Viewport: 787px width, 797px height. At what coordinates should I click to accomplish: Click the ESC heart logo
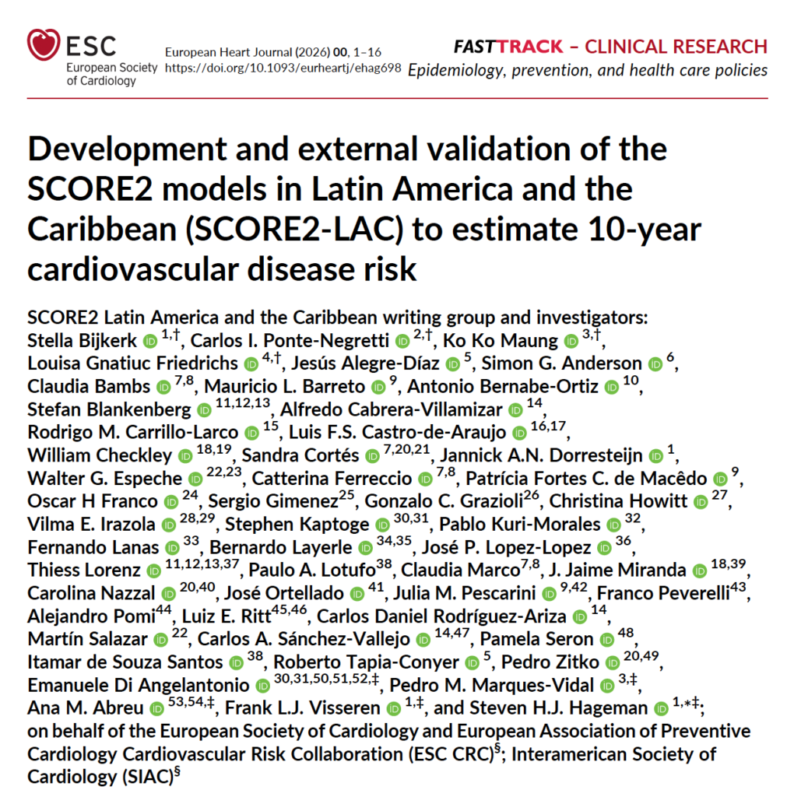(x=44, y=44)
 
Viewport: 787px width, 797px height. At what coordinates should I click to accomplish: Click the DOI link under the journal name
(x=283, y=68)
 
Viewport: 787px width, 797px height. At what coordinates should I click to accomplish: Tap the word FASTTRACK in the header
(x=508, y=47)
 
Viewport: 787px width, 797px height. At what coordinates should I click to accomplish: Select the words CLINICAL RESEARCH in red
(x=676, y=47)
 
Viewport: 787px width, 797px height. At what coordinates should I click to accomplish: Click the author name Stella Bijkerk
(x=82, y=341)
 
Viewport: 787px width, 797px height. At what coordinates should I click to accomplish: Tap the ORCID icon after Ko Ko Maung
(x=571, y=342)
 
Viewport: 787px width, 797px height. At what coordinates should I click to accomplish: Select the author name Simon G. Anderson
(x=562, y=363)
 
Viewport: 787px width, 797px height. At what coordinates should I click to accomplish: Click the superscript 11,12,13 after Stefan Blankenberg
(x=243, y=403)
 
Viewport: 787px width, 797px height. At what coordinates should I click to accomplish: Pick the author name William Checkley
(x=100, y=455)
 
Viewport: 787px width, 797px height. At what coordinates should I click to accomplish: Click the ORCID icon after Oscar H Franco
(x=171, y=502)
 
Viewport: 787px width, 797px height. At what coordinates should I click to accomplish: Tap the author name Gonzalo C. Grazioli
(x=444, y=501)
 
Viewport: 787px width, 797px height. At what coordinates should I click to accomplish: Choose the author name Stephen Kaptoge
(x=297, y=524)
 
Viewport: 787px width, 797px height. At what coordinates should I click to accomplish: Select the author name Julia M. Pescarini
(x=465, y=593)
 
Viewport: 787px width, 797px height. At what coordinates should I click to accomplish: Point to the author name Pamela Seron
(x=537, y=639)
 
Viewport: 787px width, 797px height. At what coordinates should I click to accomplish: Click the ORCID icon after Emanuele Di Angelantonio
(x=262, y=686)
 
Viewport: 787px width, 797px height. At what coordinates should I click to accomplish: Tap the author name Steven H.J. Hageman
(x=558, y=708)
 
